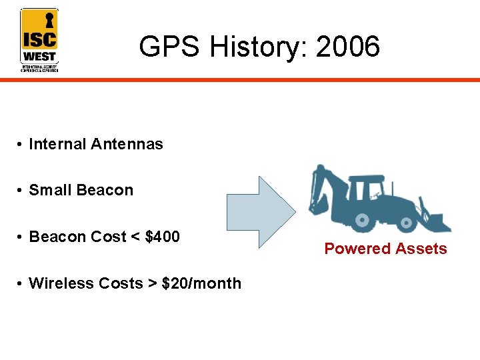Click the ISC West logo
point(39,39)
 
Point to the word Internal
point(57,144)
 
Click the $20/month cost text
point(201,283)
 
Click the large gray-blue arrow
point(260,211)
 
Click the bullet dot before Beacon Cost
point(22,237)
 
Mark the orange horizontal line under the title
point(267,79)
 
